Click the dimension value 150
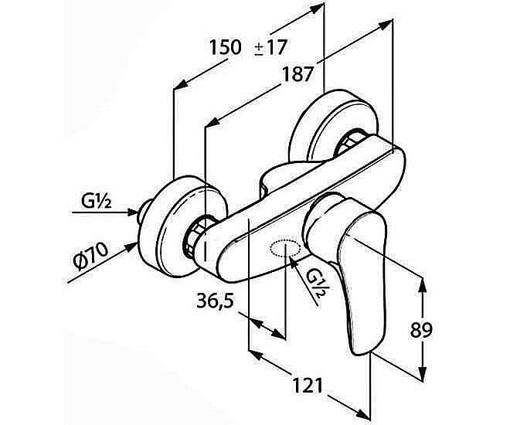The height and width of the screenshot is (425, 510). pyautogui.click(x=225, y=48)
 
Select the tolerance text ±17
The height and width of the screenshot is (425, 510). pyautogui.click(x=270, y=48)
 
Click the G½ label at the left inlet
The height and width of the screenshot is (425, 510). pyautogui.click(x=98, y=202)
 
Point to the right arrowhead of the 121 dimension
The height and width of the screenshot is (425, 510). pyautogui.click(x=366, y=416)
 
